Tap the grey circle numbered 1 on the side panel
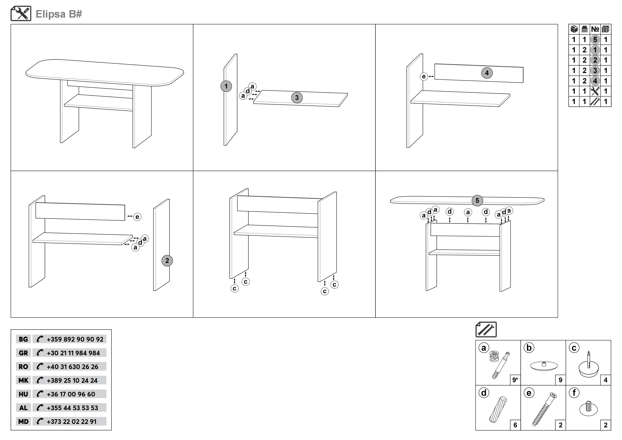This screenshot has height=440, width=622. pos(226,86)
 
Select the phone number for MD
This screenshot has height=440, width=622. pos(72,422)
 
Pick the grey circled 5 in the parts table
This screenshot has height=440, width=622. pos(595,40)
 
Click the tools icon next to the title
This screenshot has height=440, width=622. pos(21,14)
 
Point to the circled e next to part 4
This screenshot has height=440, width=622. pos(424,76)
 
